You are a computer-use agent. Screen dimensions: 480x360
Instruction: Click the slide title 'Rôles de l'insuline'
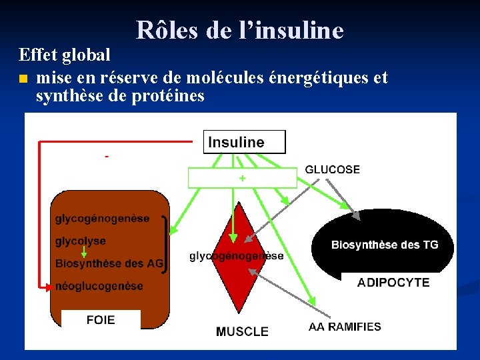coord(240,30)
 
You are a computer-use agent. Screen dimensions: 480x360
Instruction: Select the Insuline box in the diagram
coord(244,142)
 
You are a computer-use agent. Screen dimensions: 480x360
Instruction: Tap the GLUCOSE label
coord(332,170)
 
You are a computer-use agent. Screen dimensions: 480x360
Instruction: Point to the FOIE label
coord(101,320)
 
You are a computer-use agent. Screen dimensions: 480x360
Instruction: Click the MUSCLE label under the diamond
coord(242,331)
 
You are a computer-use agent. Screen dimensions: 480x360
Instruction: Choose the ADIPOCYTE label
coord(393,283)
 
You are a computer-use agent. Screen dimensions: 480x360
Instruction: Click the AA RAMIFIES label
coord(345,327)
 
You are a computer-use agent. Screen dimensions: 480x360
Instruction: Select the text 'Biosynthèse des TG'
coord(385,245)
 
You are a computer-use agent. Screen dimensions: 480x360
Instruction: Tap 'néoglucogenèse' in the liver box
coord(99,286)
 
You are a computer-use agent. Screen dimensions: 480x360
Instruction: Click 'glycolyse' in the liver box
coord(80,241)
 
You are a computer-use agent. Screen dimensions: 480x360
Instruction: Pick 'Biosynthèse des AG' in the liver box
coord(109,263)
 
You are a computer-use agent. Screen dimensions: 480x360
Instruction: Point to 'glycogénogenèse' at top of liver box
coord(102,218)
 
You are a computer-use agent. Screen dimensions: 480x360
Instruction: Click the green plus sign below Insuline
coord(242,178)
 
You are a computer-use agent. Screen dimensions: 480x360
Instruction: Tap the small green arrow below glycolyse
coord(83,252)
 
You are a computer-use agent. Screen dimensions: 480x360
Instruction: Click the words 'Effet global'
coord(65,55)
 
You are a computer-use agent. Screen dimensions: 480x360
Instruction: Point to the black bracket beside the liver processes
coord(164,241)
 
